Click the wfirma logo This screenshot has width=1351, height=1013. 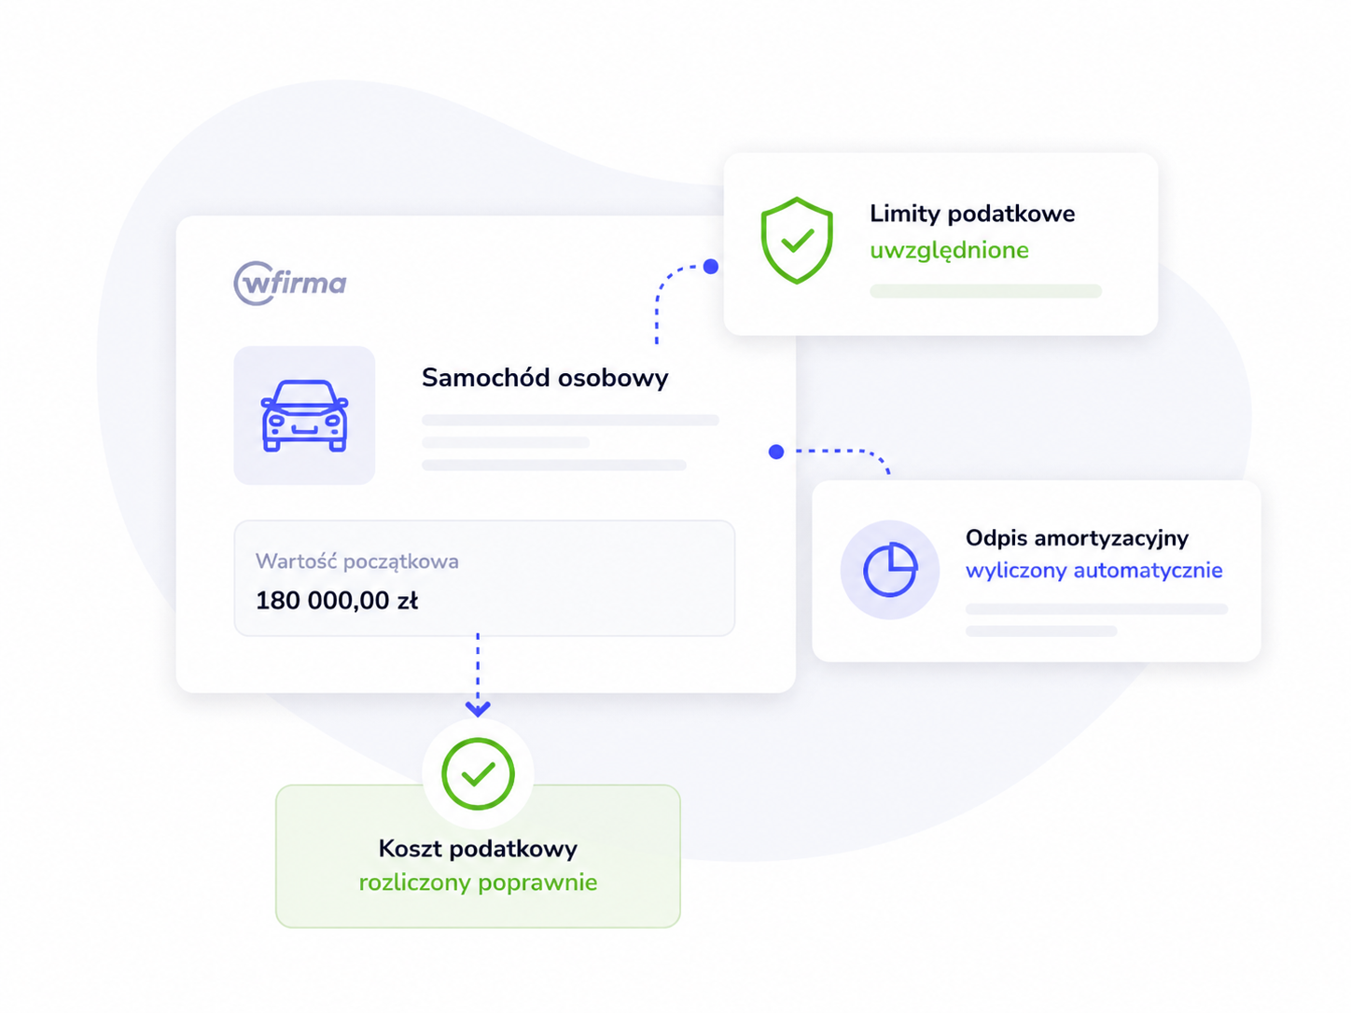(290, 283)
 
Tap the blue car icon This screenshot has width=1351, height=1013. (305, 416)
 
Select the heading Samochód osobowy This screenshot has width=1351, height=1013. (545, 377)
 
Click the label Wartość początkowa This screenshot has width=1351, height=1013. (357, 561)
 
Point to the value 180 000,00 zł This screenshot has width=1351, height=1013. (337, 601)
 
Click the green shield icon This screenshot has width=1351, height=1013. (797, 241)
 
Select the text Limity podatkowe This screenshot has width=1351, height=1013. (972, 214)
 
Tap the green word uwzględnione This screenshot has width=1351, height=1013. (949, 250)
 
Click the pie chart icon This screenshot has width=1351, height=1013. (890, 570)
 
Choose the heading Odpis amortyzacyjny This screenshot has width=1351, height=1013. (1077, 537)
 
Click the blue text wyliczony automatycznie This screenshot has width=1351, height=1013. (1093, 570)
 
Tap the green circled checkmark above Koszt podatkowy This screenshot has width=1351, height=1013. (479, 774)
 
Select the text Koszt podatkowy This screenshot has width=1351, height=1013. (479, 849)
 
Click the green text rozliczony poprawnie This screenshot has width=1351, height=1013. (479, 882)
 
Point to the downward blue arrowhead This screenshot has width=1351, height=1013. (479, 709)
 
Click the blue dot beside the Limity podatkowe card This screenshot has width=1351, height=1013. (711, 267)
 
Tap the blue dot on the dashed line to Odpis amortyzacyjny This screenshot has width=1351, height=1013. (776, 452)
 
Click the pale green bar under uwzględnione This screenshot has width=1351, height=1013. (985, 291)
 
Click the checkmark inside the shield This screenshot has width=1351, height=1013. (798, 241)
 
